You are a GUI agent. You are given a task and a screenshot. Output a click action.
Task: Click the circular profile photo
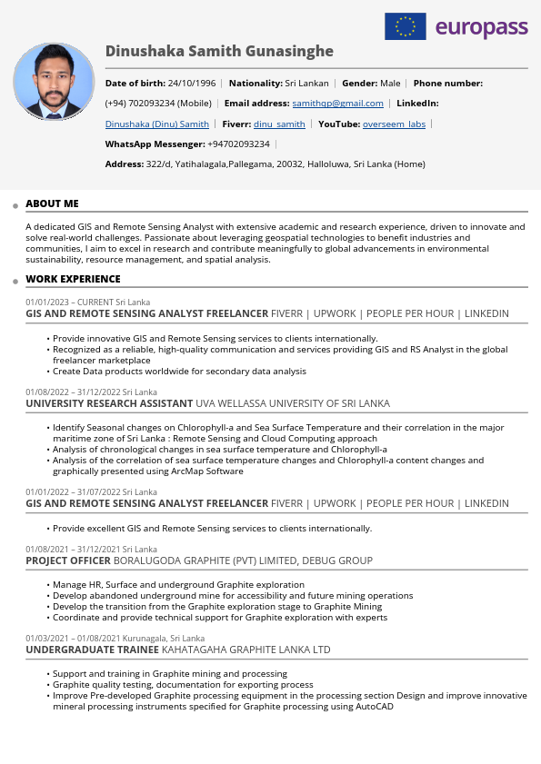point(54,82)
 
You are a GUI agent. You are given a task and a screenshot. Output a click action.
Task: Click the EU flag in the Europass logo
point(406,26)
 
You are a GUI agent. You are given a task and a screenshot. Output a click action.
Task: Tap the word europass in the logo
point(482,27)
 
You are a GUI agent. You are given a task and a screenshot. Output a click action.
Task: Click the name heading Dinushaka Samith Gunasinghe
point(219,51)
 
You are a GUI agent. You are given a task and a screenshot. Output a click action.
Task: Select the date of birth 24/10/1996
point(192,83)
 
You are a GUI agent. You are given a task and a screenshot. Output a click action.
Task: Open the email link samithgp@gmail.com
point(337,104)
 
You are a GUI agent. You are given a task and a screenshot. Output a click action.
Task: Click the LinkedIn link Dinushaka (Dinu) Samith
point(157,124)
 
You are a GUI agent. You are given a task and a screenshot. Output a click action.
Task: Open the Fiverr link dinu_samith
point(279,124)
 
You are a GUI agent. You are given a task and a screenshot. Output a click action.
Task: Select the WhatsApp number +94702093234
point(238,144)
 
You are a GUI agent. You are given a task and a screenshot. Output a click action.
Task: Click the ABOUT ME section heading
point(52,203)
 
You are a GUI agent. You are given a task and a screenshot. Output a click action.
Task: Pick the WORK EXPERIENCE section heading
point(73,279)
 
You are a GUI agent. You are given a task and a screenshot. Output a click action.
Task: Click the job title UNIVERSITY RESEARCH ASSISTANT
point(109,403)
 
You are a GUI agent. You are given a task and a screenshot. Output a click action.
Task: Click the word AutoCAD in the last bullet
point(375,706)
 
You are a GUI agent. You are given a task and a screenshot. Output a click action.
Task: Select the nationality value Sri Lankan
point(307,83)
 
